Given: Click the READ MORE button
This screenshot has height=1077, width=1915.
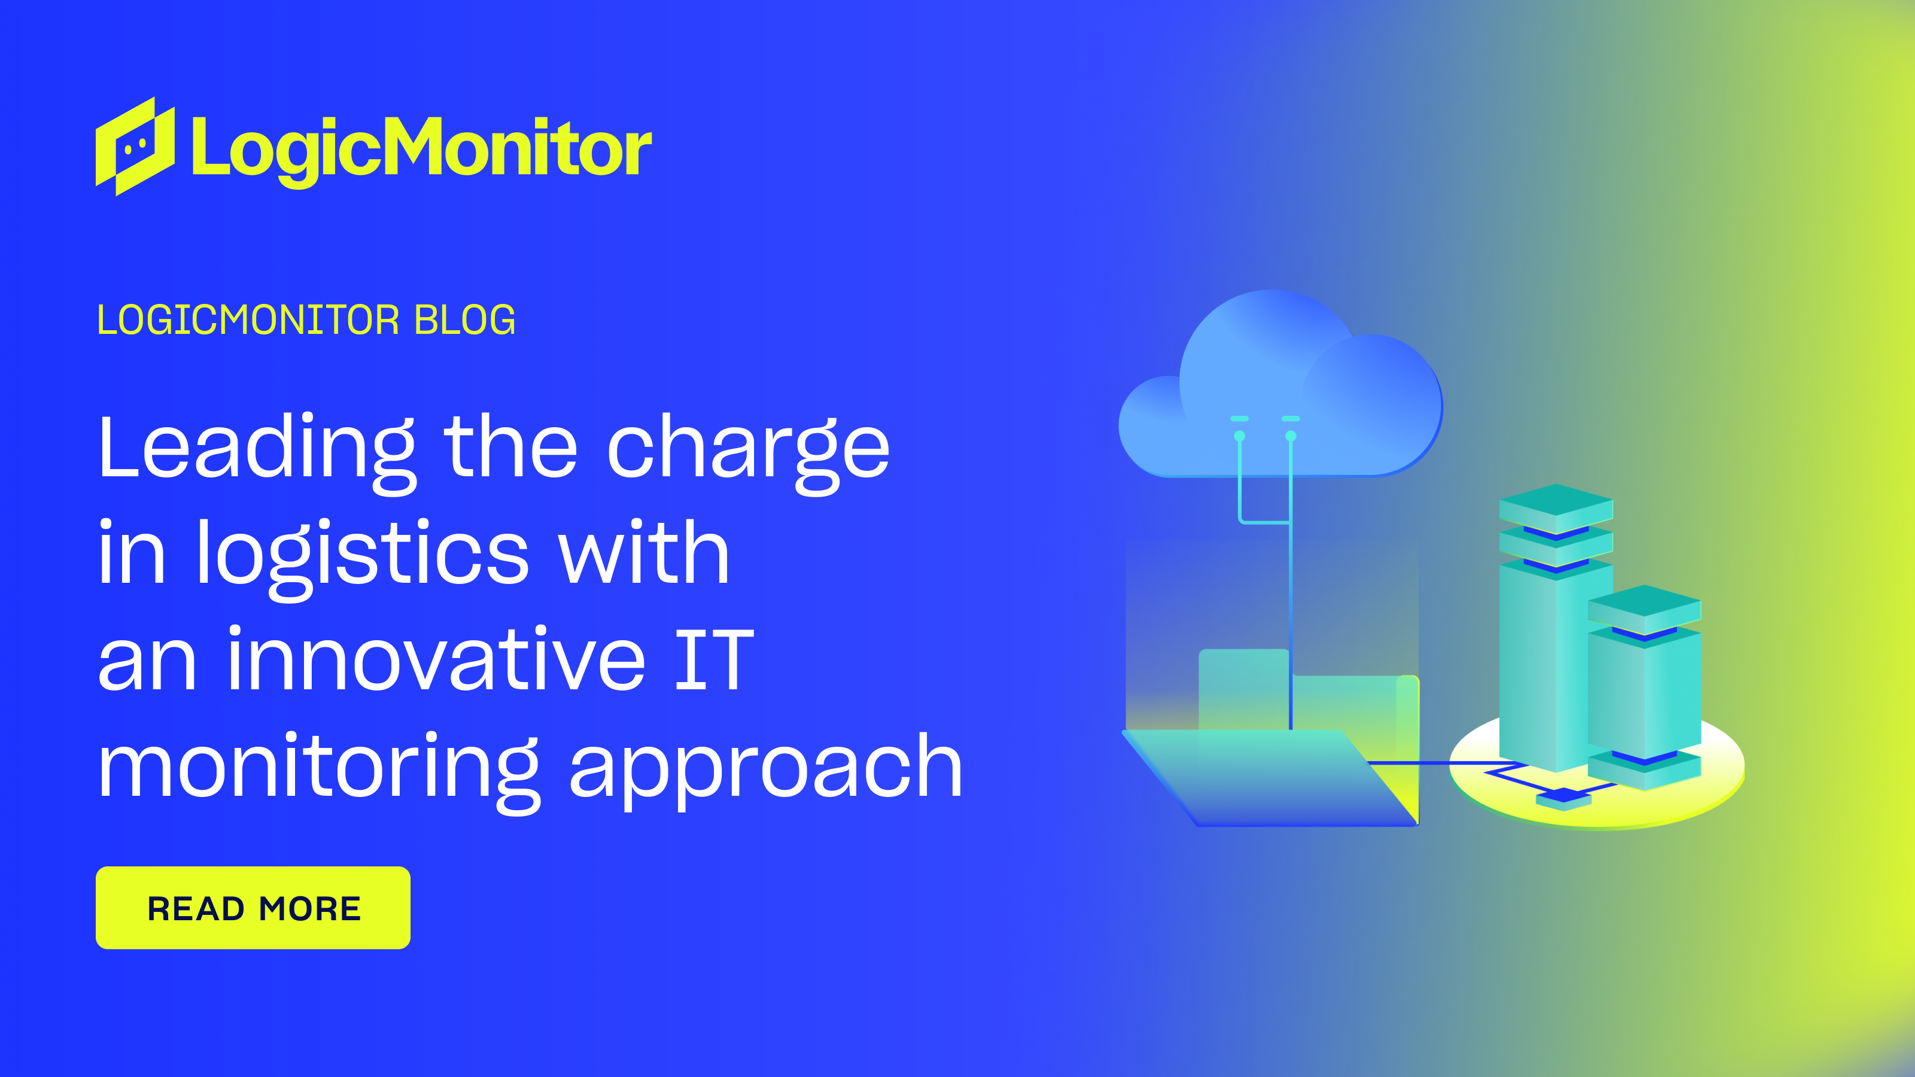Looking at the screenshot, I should [253, 908].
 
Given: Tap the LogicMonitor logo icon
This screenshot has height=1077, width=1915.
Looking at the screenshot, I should [135, 147].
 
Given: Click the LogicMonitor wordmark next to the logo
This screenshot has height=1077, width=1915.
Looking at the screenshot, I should [421, 148].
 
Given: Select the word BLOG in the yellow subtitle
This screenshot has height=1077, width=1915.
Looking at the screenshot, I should [464, 320].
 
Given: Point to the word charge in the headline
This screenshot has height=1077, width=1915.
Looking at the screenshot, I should [748, 448].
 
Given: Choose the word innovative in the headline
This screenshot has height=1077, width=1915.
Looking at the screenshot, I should [436, 660].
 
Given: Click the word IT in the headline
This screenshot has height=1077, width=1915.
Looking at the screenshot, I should [714, 660].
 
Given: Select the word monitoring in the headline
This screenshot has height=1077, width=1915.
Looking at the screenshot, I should [318, 767].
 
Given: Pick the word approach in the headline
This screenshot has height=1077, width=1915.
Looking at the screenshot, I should [766, 767].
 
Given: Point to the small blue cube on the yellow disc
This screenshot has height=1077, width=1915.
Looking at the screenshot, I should [1563, 798].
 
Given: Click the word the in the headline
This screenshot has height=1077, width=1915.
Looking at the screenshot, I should [510, 448].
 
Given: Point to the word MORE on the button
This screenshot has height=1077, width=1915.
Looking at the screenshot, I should [310, 908].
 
